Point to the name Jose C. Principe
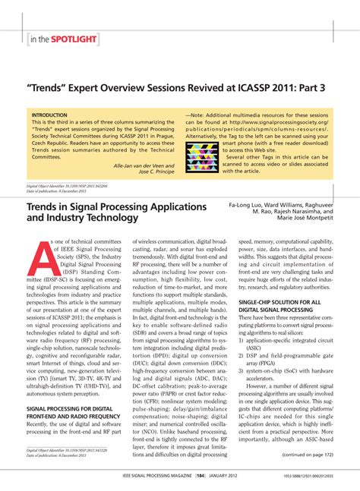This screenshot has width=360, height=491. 152,172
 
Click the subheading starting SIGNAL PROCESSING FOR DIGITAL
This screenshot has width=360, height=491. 72,408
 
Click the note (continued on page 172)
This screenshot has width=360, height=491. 308,455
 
